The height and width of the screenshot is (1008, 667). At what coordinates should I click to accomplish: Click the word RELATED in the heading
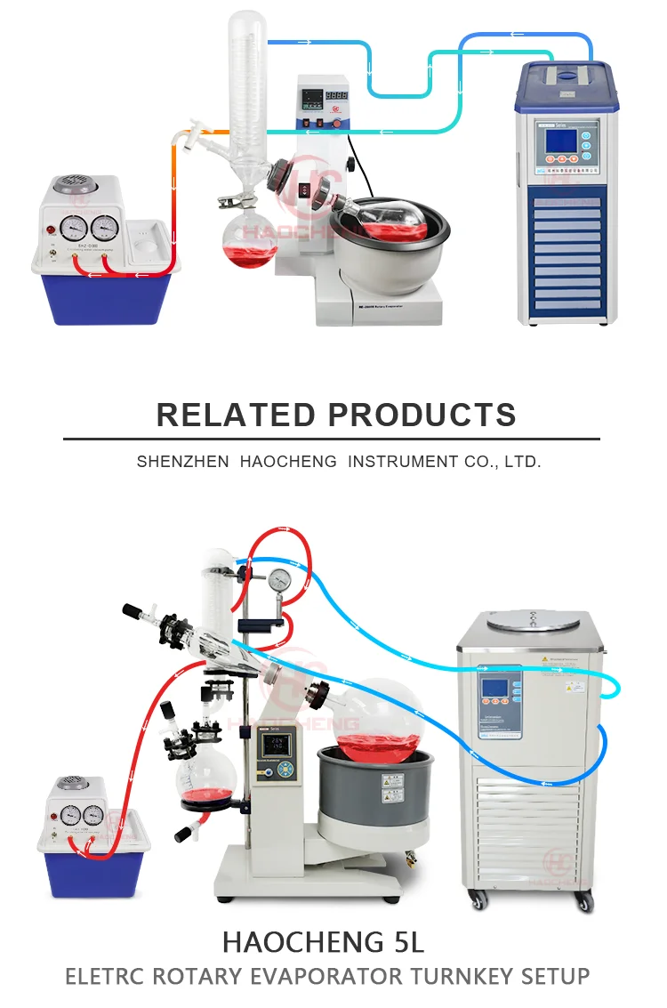235,415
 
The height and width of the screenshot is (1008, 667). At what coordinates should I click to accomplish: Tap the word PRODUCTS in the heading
422,415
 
